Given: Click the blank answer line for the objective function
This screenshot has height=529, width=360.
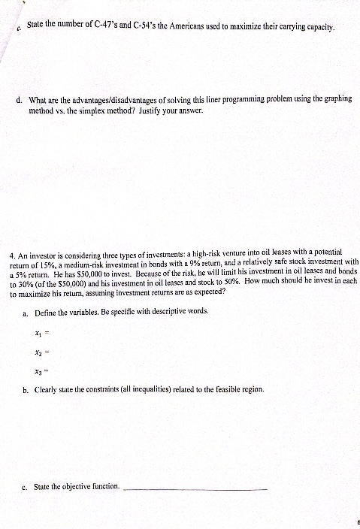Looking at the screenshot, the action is click(x=194, y=489).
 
